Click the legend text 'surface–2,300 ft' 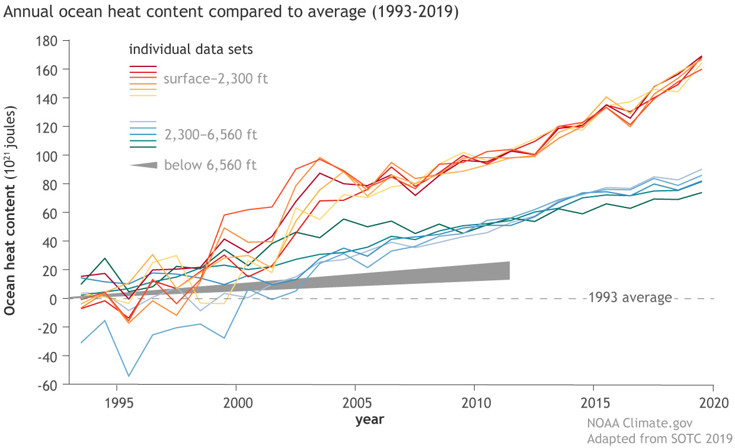coord(215,78)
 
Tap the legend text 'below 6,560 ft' coord(210,164)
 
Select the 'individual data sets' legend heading coord(191,49)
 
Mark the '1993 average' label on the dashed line coord(630,297)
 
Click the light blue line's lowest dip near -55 coord(129,376)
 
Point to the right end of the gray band coord(509,271)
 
